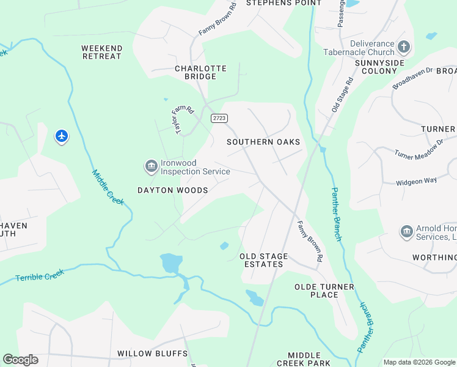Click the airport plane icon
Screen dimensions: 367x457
(61, 135)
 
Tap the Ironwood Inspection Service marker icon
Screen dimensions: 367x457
(150, 166)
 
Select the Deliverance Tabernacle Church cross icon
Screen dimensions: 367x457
(403, 46)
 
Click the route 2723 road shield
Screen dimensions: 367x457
(219, 118)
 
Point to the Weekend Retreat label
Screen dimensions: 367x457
(102, 52)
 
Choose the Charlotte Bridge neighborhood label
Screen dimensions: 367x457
(200, 72)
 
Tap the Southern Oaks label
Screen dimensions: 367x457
(263, 142)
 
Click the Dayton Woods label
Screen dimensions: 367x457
(173, 190)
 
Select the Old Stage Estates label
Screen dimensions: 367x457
(262, 260)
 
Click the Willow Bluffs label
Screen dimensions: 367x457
(153, 354)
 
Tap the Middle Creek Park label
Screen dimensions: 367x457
(304, 359)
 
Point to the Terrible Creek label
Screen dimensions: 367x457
(40, 276)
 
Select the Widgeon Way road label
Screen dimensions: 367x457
(417, 181)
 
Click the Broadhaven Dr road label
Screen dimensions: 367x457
(412, 78)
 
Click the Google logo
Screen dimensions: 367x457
(20, 360)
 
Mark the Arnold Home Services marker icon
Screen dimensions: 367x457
(406, 231)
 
